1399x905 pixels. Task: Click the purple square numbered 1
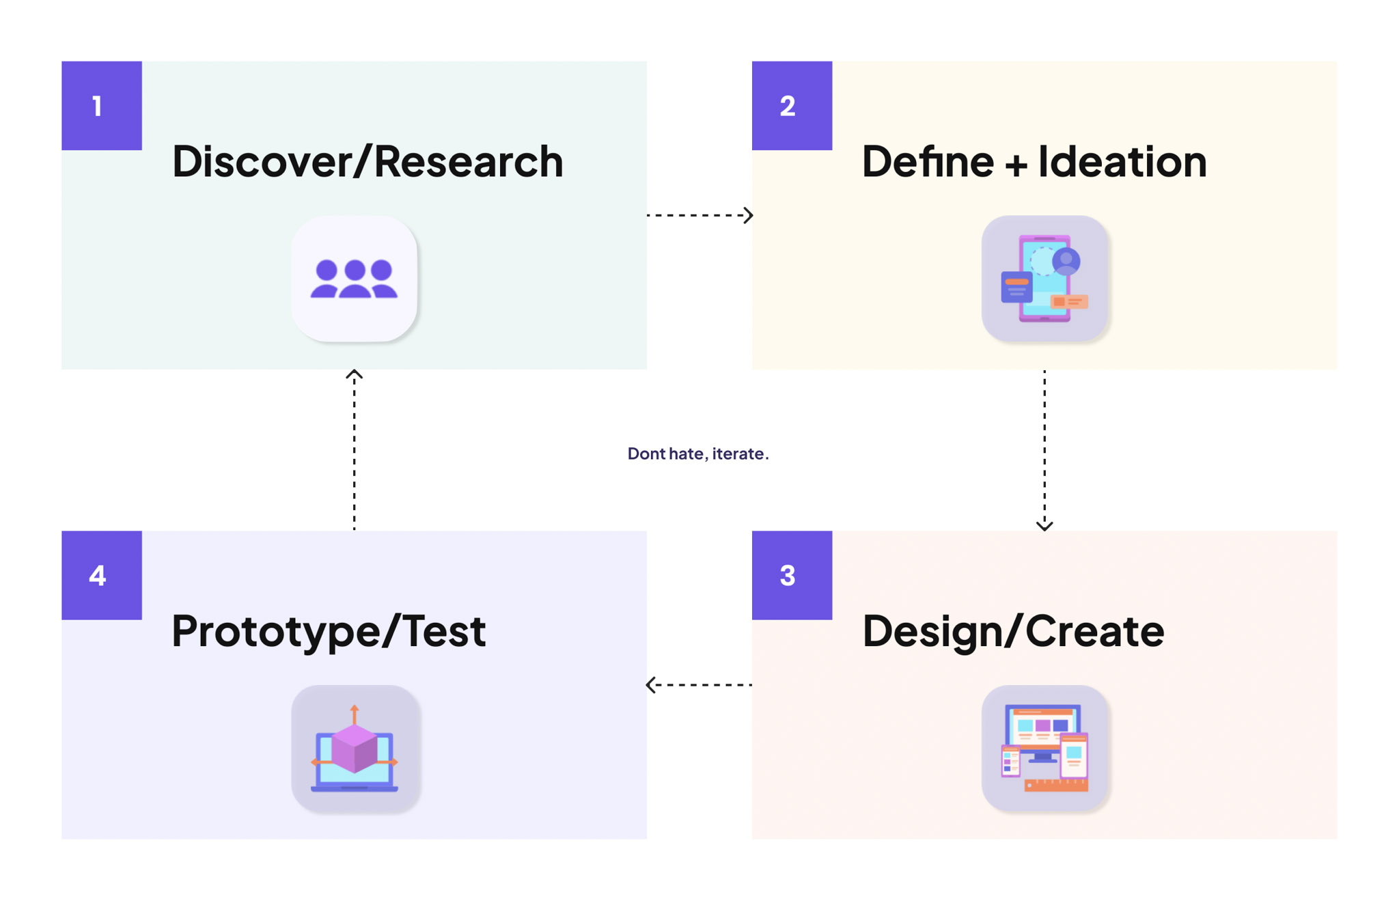102,106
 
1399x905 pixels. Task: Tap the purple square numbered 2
792,106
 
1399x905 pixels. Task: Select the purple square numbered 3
792,575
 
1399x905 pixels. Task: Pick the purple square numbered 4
102,575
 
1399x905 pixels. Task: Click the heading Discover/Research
368,162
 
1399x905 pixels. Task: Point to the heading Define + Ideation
1034,162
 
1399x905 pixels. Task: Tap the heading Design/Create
1013,632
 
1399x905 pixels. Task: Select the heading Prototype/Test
329,632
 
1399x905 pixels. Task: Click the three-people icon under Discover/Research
354,279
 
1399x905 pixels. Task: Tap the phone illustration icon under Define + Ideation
1044,279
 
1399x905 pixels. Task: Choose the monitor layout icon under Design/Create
1044,748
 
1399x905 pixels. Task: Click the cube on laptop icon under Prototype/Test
355,748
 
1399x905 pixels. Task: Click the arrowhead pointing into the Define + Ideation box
749,215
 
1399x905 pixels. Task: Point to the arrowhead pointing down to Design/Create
1044,525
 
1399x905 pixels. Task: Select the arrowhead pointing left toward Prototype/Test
651,684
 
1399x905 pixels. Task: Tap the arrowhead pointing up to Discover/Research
354,375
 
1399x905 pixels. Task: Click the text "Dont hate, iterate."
698,454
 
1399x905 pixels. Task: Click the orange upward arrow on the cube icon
355,714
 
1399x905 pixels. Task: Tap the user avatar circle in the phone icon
1066,261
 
